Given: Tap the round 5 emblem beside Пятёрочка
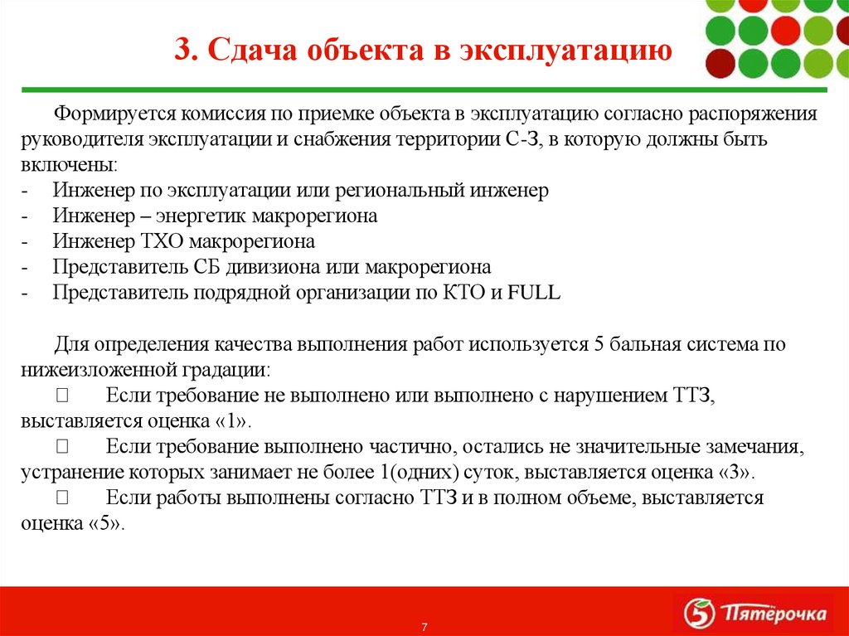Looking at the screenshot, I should click(x=698, y=614).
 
